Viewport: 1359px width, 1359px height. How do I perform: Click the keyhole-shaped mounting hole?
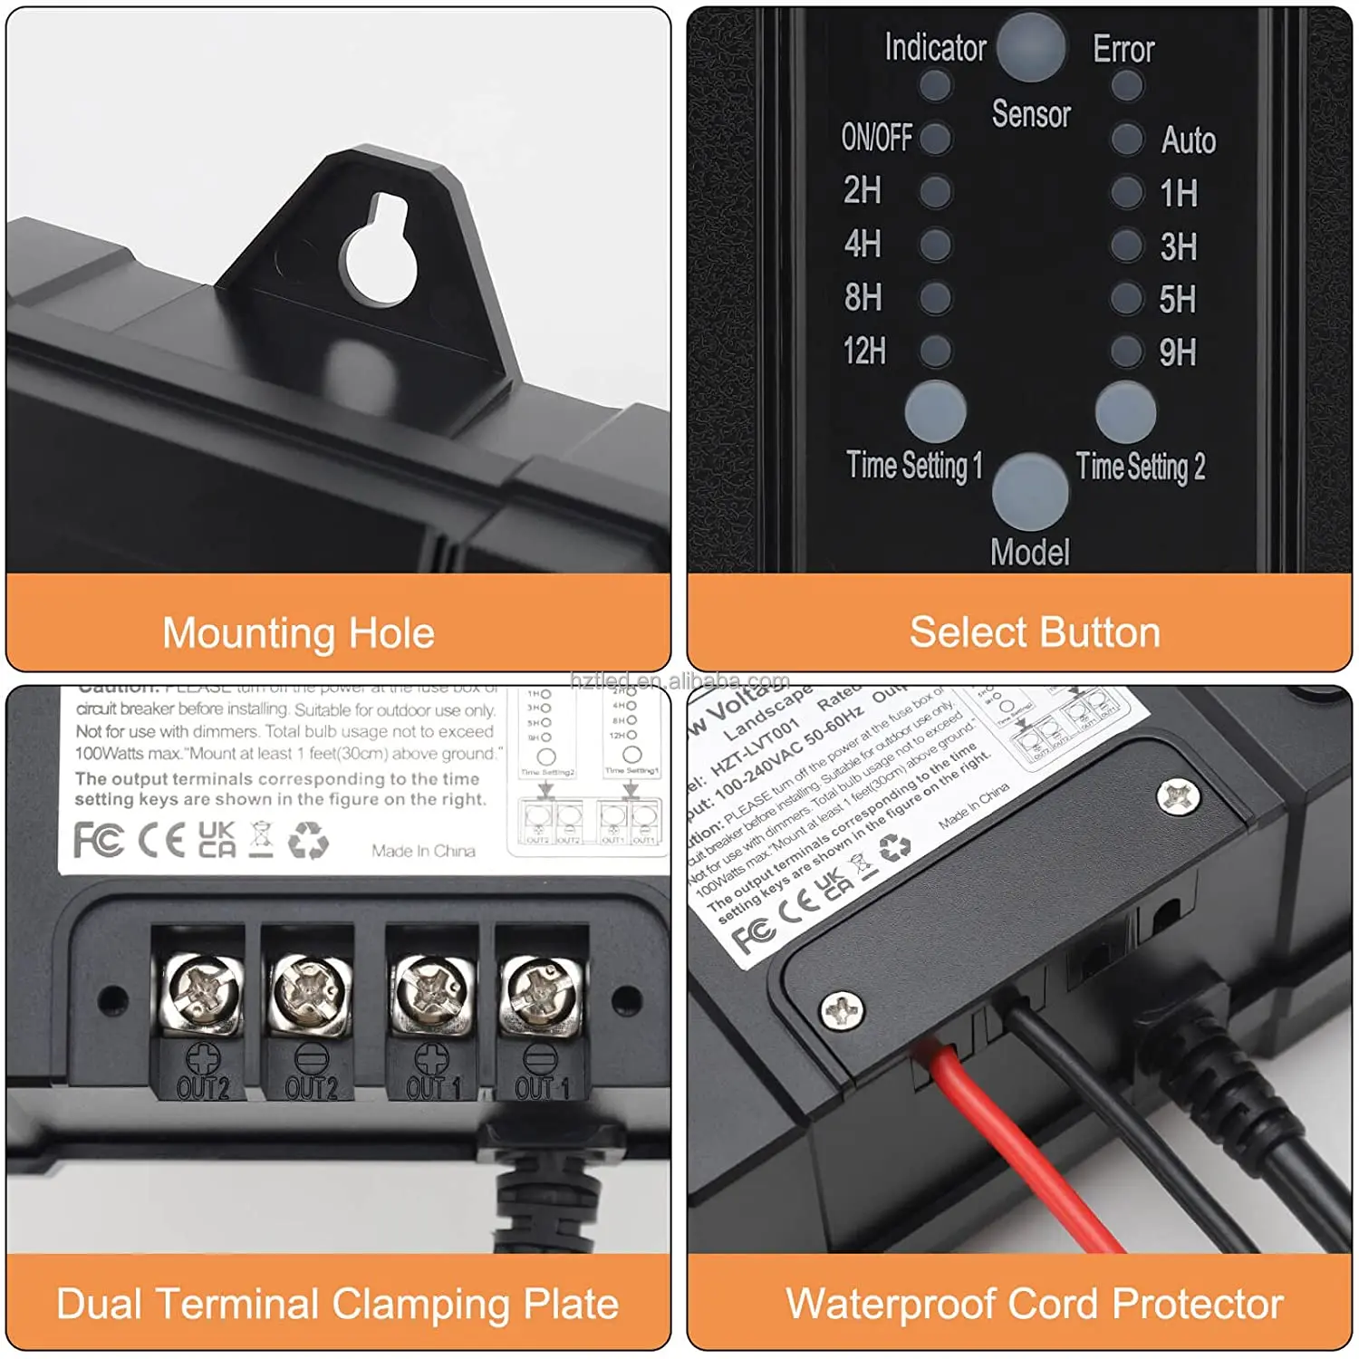[380, 254]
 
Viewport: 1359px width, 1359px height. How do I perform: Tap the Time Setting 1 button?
[935, 411]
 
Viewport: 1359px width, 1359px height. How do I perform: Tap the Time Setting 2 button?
[1125, 412]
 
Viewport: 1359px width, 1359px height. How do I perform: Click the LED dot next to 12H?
[935, 352]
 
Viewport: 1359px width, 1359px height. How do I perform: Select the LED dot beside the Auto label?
[1126, 140]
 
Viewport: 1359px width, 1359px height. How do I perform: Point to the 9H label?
[1178, 352]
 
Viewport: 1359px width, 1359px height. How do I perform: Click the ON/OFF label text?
[876, 138]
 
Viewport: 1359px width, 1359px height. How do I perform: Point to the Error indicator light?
[1126, 86]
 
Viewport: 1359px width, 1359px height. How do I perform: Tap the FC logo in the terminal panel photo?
[98, 840]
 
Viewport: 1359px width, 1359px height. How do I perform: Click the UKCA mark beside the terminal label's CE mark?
[217, 840]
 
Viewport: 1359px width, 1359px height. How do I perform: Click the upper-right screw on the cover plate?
[1179, 797]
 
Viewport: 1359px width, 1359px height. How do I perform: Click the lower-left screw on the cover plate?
[843, 1009]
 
